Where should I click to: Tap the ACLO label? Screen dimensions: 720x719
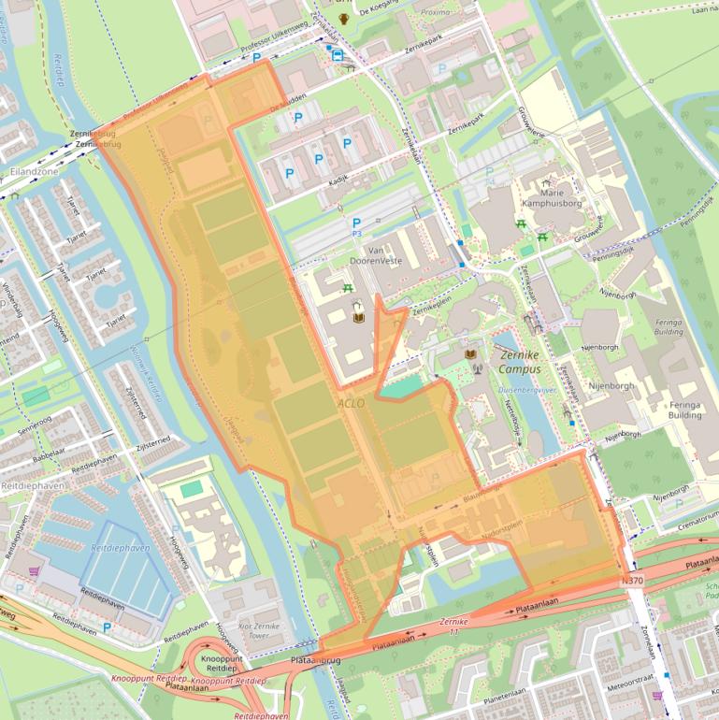pyautogui.click(x=353, y=402)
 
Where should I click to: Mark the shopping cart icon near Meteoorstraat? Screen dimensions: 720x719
pyautogui.click(x=656, y=696)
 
